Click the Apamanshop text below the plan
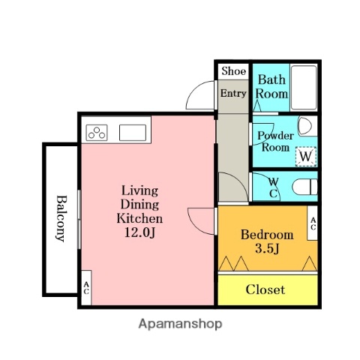coord(180,325)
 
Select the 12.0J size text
coord(139,233)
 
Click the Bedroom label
coord(266,235)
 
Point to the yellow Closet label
coord(265,289)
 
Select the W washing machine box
coord(305,155)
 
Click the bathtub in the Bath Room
coord(304,88)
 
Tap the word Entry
coord(232,94)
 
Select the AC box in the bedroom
coord(312,223)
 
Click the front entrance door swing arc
coord(199,96)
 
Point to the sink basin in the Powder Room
coord(304,125)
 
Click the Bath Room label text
coord(271,87)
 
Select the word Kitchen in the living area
coord(139,218)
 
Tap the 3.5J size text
coord(267,249)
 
